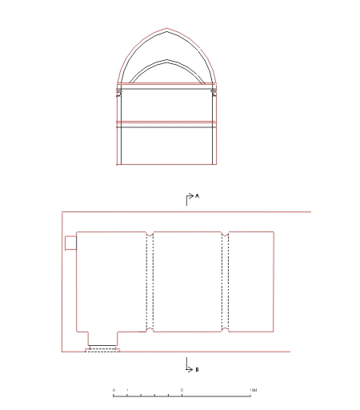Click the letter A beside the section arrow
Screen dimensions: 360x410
click(x=197, y=196)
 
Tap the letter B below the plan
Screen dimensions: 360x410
click(x=197, y=370)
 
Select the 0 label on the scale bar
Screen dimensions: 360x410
click(x=114, y=390)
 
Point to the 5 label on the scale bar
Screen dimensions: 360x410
click(x=182, y=390)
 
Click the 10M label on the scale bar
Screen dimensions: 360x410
click(x=253, y=390)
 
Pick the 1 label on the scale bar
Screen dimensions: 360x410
click(x=127, y=390)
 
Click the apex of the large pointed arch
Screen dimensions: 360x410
click(x=167, y=28)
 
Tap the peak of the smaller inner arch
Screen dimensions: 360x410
click(x=167, y=60)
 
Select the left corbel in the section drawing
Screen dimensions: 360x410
click(x=118, y=92)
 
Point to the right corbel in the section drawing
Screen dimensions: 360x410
click(x=214, y=92)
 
